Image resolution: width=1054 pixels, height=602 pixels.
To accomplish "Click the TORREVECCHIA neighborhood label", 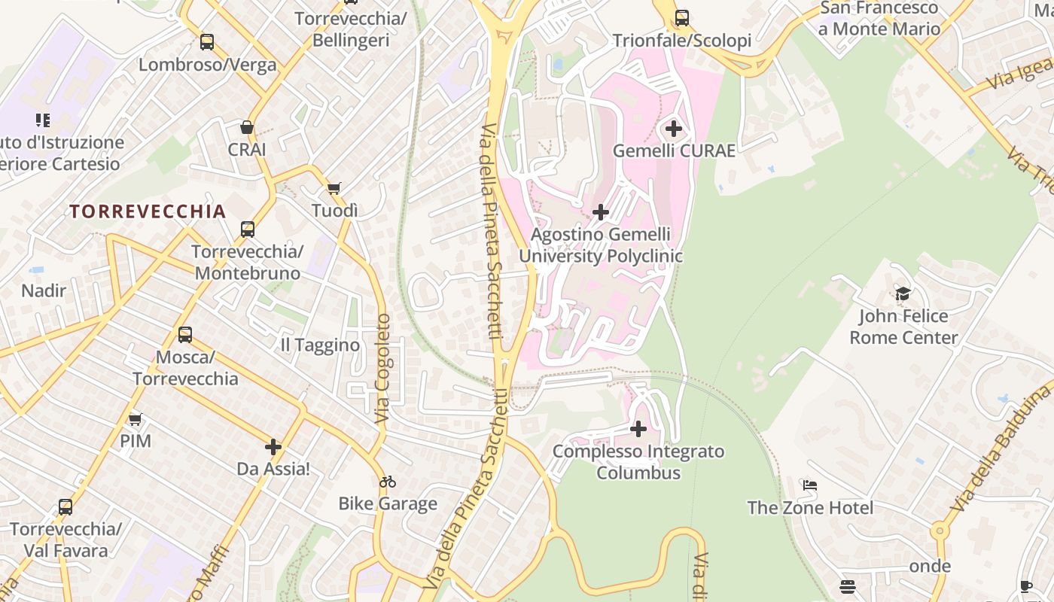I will pyautogui.click(x=148, y=211).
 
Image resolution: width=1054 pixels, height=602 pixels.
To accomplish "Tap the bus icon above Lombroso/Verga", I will pyautogui.click(x=207, y=42).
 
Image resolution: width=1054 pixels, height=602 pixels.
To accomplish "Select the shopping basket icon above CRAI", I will pyautogui.click(x=246, y=127).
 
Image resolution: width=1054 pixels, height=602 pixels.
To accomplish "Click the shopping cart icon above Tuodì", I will pyautogui.click(x=334, y=188).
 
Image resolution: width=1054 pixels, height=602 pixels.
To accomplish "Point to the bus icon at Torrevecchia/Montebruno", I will pyautogui.click(x=248, y=229).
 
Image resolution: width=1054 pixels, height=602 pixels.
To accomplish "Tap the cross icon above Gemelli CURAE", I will pyautogui.click(x=674, y=129).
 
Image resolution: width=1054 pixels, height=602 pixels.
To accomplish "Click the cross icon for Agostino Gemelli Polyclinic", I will pyautogui.click(x=601, y=212).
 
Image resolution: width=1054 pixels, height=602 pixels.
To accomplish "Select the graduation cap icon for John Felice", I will pyautogui.click(x=903, y=293).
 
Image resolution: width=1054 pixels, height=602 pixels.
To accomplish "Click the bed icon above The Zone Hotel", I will pyautogui.click(x=810, y=485).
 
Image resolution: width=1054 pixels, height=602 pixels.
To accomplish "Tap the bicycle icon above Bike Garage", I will pyautogui.click(x=388, y=482).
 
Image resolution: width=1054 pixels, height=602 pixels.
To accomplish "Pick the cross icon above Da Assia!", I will pyautogui.click(x=273, y=447).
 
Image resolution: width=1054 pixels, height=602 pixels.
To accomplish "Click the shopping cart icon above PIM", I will pyautogui.click(x=136, y=419).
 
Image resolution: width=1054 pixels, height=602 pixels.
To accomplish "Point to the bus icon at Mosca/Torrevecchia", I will pyautogui.click(x=185, y=334).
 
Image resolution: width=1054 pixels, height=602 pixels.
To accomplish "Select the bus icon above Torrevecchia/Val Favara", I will pyautogui.click(x=65, y=507).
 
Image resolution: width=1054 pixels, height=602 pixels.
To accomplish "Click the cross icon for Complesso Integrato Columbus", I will pyautogui.click(x=638, y=429).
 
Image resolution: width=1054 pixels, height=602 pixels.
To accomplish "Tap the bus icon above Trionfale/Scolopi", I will pyautogui.click(x=682, y=18).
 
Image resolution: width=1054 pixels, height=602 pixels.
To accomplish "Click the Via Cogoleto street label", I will pyautogui.click(x=383, y=368).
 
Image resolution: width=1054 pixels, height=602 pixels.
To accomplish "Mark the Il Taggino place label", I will pyautogui.click(x=320, y=345).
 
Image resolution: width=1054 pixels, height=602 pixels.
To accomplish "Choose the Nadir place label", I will pyautogui.click(x=44, y=290).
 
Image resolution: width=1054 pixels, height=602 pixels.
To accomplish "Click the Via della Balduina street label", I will pyautogui.click(x=1001, y=448).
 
